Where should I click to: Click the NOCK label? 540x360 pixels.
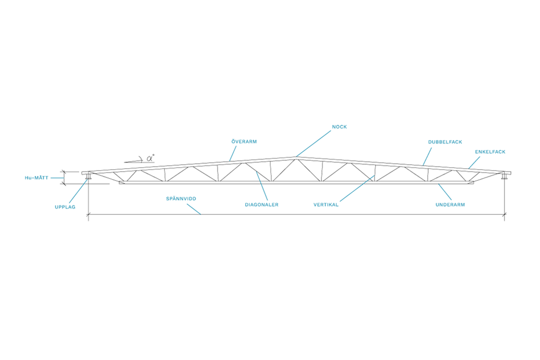[339, 127]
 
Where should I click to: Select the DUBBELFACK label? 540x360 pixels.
[445, 142]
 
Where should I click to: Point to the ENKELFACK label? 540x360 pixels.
[490, 152]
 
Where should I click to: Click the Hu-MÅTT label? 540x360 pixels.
[36, 178]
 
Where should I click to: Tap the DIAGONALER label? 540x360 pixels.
[261, 204]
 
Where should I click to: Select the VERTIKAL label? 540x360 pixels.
[326, 204]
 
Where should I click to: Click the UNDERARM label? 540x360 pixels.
[450, 204]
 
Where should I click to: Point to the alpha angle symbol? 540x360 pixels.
[150, 158]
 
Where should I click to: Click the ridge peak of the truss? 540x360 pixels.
[296, 157]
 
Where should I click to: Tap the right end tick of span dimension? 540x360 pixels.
[504, 214]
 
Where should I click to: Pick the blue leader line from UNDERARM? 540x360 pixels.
[445, 192]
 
